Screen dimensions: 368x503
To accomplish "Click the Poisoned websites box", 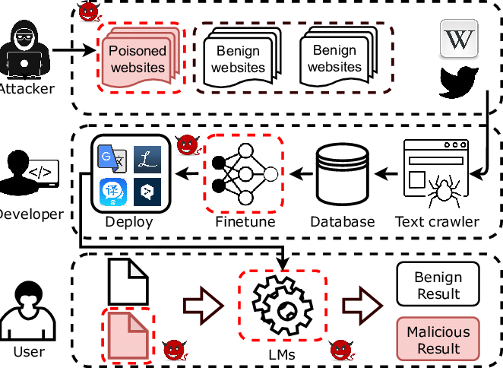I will point(138,60).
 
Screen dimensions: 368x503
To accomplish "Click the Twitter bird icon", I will point(459,82).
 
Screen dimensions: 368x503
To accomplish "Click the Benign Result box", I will point(438,284).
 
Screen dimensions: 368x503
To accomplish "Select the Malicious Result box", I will point(438,340).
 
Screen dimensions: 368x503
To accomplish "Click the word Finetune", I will point(245,222).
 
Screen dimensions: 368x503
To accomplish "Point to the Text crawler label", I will point(437,222).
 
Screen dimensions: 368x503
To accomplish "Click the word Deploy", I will point(128,222).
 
